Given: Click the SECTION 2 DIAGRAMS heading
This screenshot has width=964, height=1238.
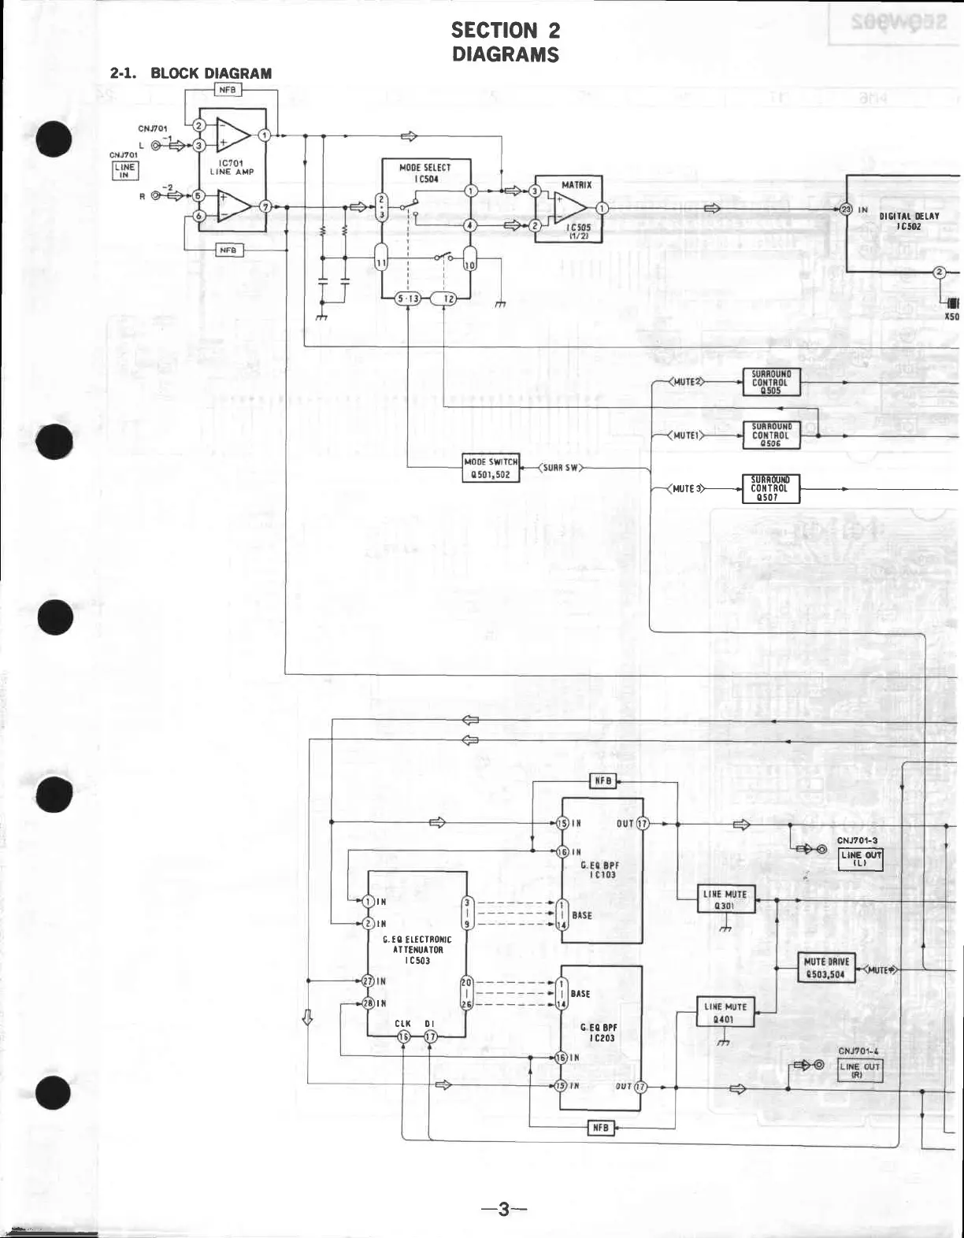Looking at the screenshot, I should (505, 43).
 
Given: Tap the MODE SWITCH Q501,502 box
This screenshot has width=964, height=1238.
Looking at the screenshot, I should (491, 468).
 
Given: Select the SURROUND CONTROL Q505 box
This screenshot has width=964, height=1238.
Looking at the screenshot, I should (771, 381).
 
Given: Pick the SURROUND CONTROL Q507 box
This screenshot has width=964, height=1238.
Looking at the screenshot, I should (771, 488).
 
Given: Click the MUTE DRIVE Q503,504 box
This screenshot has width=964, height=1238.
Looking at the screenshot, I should (825, 969).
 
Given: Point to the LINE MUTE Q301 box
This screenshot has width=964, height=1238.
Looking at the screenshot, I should (725, 899).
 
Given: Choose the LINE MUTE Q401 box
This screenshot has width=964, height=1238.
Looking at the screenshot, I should (725, 1012).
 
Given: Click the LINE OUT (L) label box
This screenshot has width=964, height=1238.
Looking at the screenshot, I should (861, 859).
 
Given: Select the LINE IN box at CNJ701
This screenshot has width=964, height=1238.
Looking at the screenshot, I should (124, 171).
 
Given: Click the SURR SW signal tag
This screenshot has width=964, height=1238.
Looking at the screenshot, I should (560, 468).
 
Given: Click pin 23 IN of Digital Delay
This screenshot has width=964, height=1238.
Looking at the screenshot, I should (846, 209).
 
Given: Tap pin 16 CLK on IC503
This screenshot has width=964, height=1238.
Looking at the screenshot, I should (403, 1037).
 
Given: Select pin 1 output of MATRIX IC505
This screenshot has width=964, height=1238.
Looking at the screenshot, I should (602, 209).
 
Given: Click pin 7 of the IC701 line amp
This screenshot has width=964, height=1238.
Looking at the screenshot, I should (266, 206).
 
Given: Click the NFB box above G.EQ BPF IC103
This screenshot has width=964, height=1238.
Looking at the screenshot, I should (602, 781).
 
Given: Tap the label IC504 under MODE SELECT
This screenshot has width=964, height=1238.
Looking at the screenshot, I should (425, 179).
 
